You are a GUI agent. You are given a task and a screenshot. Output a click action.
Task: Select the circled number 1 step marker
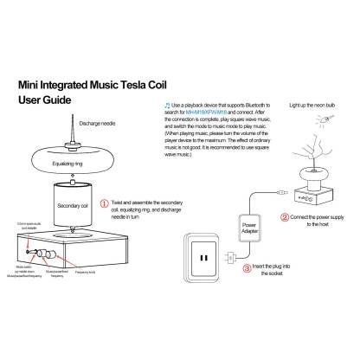[106, 206]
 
